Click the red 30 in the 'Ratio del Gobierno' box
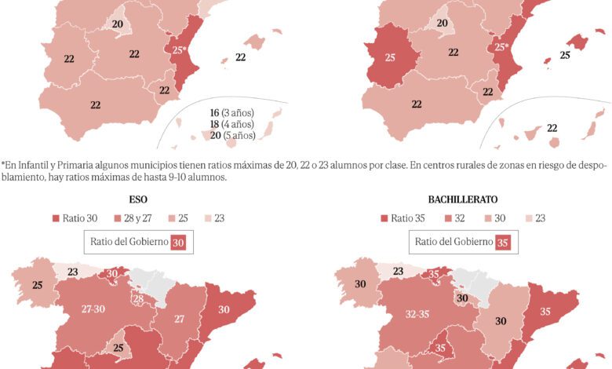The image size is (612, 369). click(x=178, y=243)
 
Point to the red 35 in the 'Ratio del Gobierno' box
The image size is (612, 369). click(x=503, y=243)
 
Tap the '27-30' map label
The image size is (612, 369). click(x=93, y=309)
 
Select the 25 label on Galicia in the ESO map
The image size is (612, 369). click(x=37, y=285)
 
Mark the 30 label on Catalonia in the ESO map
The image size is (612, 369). click(x=224, y=309)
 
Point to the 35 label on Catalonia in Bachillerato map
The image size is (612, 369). click(x=545, y=310)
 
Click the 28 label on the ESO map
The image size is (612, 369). click(x=138, y=299)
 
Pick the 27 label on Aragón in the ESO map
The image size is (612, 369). click(x=179, y=318)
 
